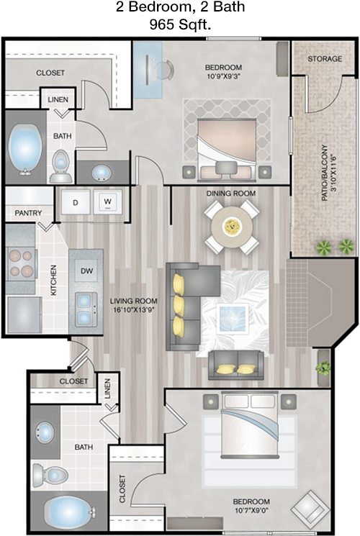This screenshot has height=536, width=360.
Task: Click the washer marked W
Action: pyautogui.click(x=108, y=201)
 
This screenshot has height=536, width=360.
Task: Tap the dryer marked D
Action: pyautogui.click(x=76, y=201)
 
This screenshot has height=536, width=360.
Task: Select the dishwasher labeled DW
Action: pyautogui.click(x=86, y=271)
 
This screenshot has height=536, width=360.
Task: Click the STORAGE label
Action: pyautogui.click(x=325, y=59)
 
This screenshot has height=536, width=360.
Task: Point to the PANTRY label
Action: pyautogui.click(x=28, y=213)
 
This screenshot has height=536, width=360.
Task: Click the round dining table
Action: pyautogui.click(x=232, y=226)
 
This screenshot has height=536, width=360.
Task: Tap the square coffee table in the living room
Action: pyautogui.click(x=233, y=318)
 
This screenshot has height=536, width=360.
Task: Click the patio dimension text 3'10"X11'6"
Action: pyautogui.click(x=331, y=178)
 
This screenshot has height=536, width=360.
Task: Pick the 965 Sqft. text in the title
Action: pyautogui.click(x=180, y=24)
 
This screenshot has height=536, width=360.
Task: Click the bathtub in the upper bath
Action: pyautogui.click(x=24, y=150)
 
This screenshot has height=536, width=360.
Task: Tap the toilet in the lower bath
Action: pyautogui.click(x=50, y=475)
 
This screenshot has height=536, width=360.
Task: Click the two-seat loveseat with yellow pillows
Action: pyautogui.click(x=236, y=365)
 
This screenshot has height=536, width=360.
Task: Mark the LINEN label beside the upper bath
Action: pyautogui.click(x=58, y=100)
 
